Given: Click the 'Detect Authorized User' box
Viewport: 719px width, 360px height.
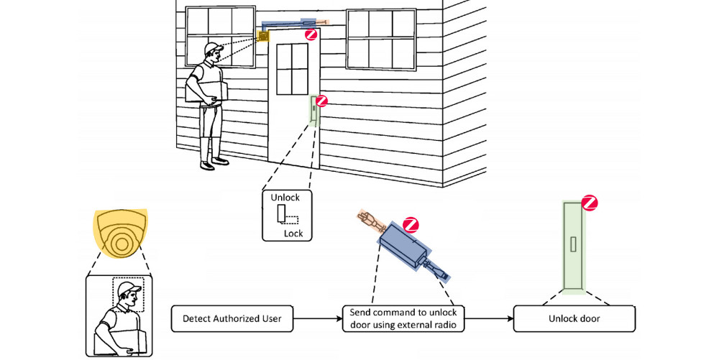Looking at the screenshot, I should click(x=232, y=318).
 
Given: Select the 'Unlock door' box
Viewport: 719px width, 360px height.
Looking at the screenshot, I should click(x=574, y=318).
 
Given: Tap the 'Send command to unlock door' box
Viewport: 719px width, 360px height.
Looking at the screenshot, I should click(x=403, y=318).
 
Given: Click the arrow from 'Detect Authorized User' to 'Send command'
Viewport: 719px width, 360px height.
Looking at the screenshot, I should click(x=317, y=318).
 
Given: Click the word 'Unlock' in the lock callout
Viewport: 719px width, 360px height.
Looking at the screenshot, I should click(x=285, y=198).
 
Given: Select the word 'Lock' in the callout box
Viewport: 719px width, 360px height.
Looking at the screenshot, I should click(x=293, y=234).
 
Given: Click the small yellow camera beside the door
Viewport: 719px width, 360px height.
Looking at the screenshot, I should click(x=264, y=34).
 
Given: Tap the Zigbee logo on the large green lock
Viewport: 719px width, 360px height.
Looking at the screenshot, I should click(x=590, y=203).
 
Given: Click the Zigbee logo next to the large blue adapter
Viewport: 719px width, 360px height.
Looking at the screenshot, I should click(x=411, y=223).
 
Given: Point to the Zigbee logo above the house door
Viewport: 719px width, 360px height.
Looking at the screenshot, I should click(x=311, y=34).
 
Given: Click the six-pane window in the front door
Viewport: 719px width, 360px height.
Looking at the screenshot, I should click(x=292, y=68).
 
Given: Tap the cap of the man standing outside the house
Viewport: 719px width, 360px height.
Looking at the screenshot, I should click(x=212, y=48).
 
